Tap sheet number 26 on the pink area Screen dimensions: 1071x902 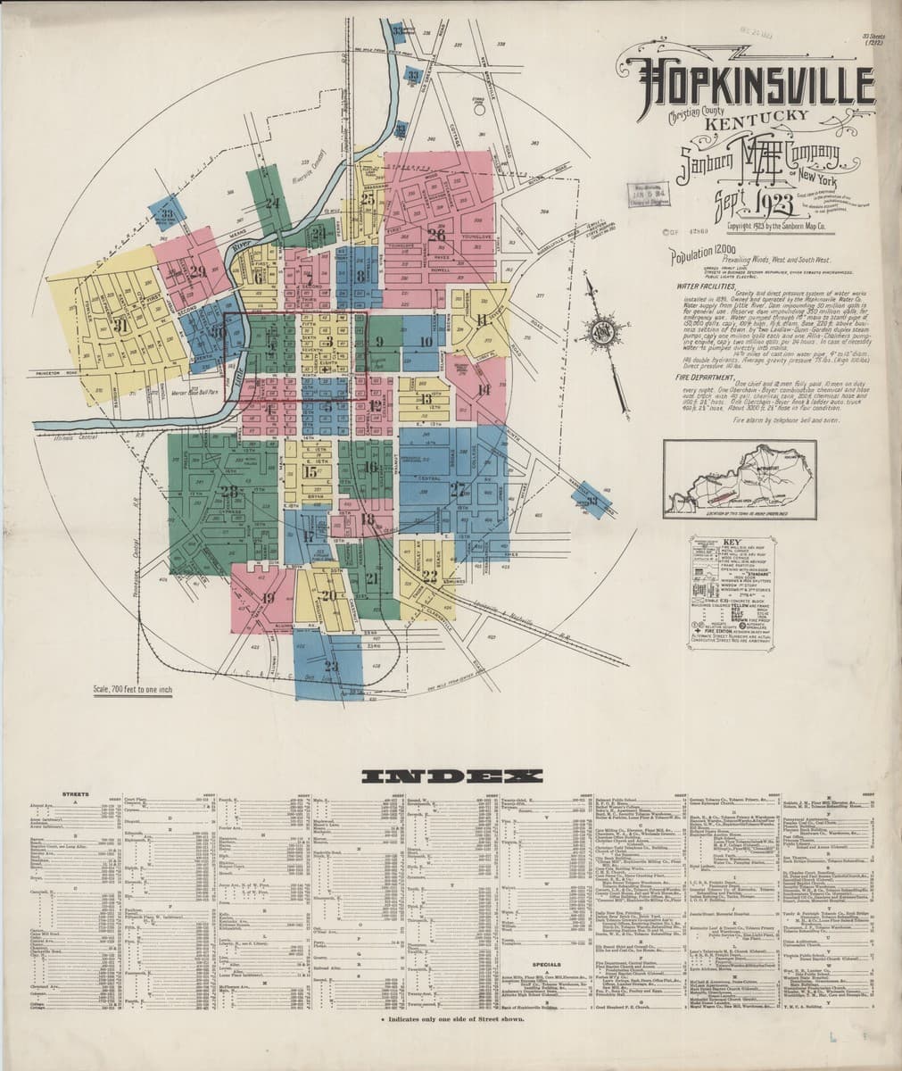pos(436,235)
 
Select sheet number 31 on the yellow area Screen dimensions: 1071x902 pos(121,327)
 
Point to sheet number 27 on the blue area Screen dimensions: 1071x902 pos(459,488)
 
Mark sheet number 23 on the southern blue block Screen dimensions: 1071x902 pos(332,666)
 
